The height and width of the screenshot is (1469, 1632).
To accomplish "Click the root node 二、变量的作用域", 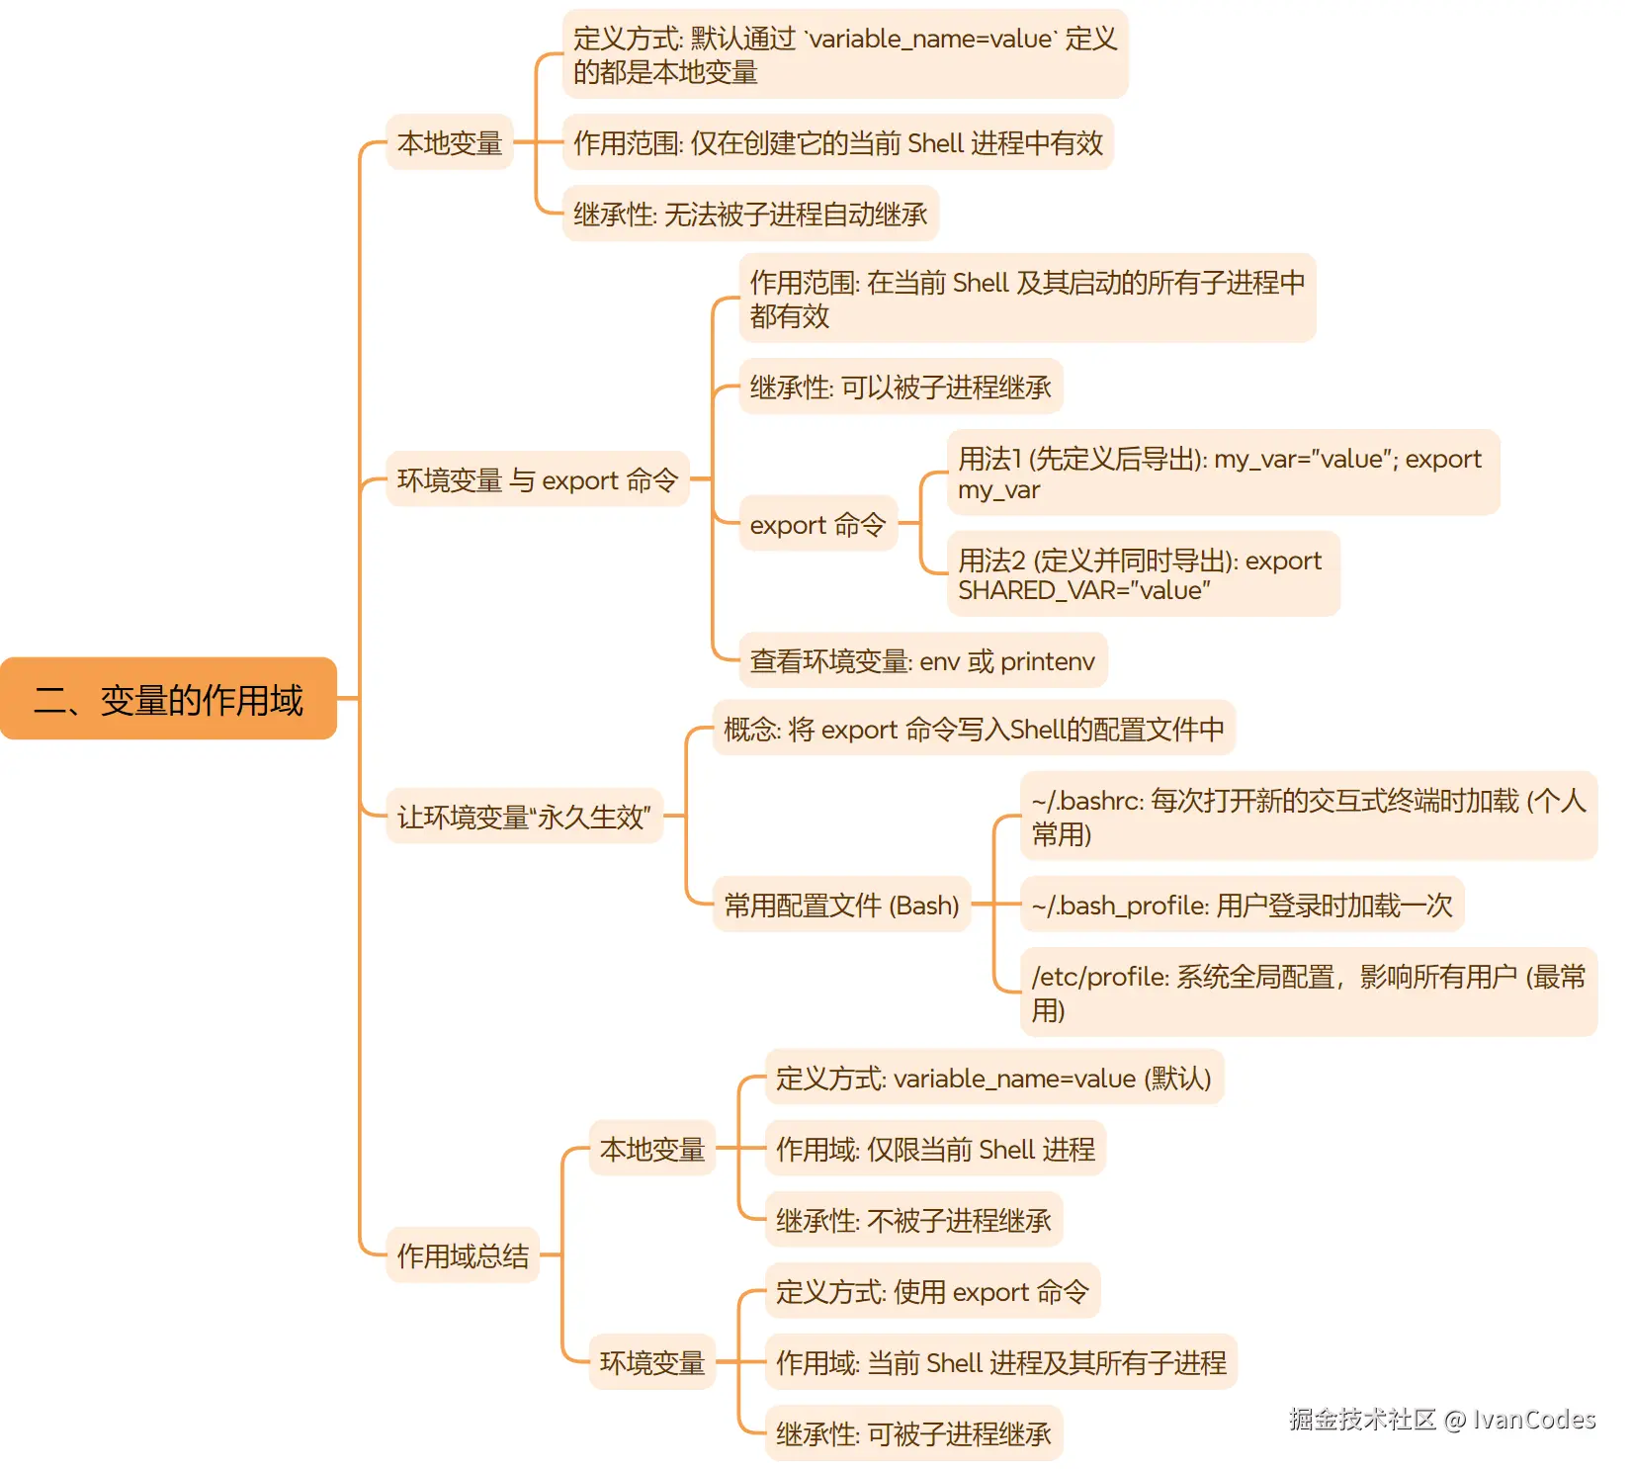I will click(168, 699).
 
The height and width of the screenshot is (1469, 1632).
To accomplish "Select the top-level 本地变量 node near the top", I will click(450, 142).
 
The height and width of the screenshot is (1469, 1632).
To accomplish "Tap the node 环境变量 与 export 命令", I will click(537, 479).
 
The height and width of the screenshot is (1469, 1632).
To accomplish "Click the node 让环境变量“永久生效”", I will click(524, 817).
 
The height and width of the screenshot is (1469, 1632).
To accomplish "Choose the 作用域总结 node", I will click(463, 1255).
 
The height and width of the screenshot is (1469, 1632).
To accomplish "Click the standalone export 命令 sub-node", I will click(817, 524).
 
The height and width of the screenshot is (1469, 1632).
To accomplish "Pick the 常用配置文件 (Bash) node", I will click(841, 905).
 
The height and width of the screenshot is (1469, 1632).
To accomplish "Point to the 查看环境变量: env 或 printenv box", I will click(922, 661).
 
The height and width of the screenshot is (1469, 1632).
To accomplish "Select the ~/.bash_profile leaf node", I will click(1242, 905).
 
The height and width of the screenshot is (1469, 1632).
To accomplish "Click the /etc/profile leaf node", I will click(1308, 993).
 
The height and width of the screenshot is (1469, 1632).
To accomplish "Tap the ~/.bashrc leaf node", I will click(1308, 817).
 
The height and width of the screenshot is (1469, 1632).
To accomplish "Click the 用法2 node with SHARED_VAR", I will click(1142, 574).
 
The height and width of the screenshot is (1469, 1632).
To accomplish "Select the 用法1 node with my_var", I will click(1222, 473).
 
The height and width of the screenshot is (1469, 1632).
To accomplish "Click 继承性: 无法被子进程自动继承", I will click(750, 214).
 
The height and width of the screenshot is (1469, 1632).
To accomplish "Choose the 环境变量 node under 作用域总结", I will click(651, 1362).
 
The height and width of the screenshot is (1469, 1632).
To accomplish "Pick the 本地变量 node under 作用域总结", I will click(651, 1149).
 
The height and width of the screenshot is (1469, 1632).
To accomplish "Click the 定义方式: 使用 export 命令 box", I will click(932, 1291).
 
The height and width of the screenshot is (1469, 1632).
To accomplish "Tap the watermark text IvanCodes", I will click(1533, 1420).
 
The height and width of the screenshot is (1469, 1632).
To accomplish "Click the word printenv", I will click(1047, 661).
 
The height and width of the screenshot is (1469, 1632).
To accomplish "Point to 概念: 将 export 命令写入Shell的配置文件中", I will click(974, 730).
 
